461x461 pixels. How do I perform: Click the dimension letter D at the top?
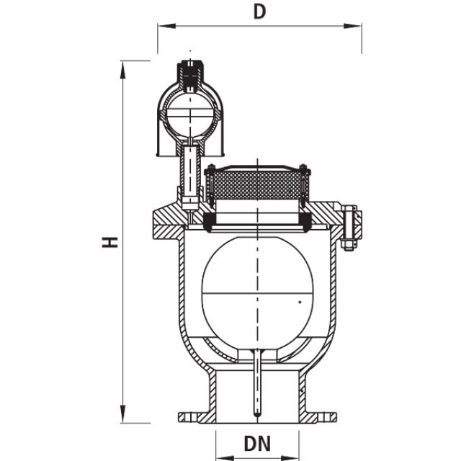[260, 12]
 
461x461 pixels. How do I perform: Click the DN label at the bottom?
[257, 444]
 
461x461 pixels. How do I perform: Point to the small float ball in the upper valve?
[190, 112]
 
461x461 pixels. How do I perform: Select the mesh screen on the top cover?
[257, 185]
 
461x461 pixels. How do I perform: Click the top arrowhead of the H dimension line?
[124, 66]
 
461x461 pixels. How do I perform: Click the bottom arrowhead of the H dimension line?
[124, 419]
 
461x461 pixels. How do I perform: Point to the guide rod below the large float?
[257, 382]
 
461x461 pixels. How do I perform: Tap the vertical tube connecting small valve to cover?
[190, 173]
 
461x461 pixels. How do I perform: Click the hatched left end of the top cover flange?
[162, 224]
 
